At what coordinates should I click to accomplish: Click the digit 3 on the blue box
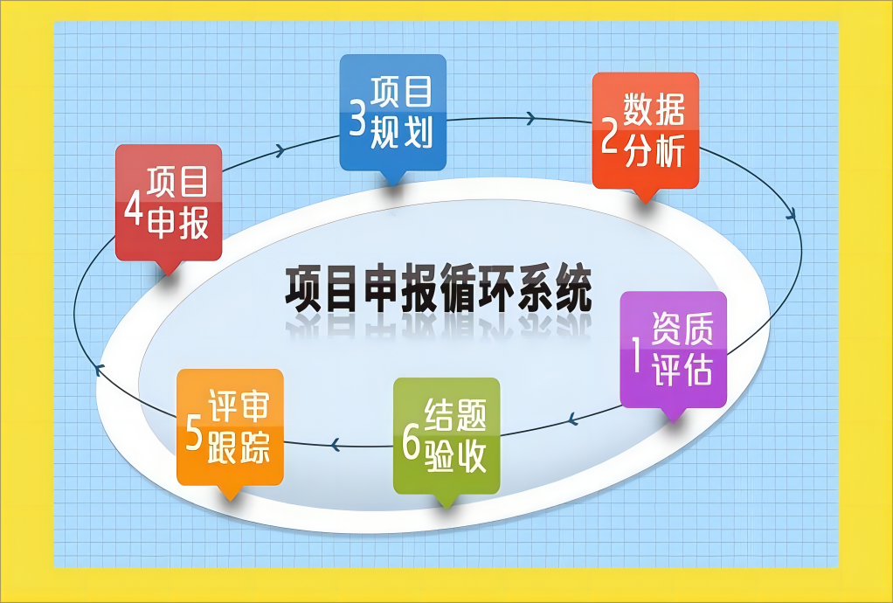pos(357,118)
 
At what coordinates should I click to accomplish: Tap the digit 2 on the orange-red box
pos(610,136)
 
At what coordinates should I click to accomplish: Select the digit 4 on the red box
pos(134,207)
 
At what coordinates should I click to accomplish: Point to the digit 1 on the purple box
pos(637,354)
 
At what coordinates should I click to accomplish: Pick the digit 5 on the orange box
pos(194,433)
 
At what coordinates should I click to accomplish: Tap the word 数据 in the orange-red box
pos(654,108)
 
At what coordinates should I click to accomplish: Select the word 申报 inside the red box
pos(178,221)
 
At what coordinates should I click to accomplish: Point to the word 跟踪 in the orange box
pos(239,447)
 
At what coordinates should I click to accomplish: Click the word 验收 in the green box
pos(455,455)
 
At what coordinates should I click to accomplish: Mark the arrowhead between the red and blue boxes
pos(280,151)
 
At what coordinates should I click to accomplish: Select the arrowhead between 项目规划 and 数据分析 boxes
pos(530,119)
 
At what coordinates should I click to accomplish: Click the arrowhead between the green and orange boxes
pos(336,444)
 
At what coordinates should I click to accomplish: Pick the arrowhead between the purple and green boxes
pos(573,420)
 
